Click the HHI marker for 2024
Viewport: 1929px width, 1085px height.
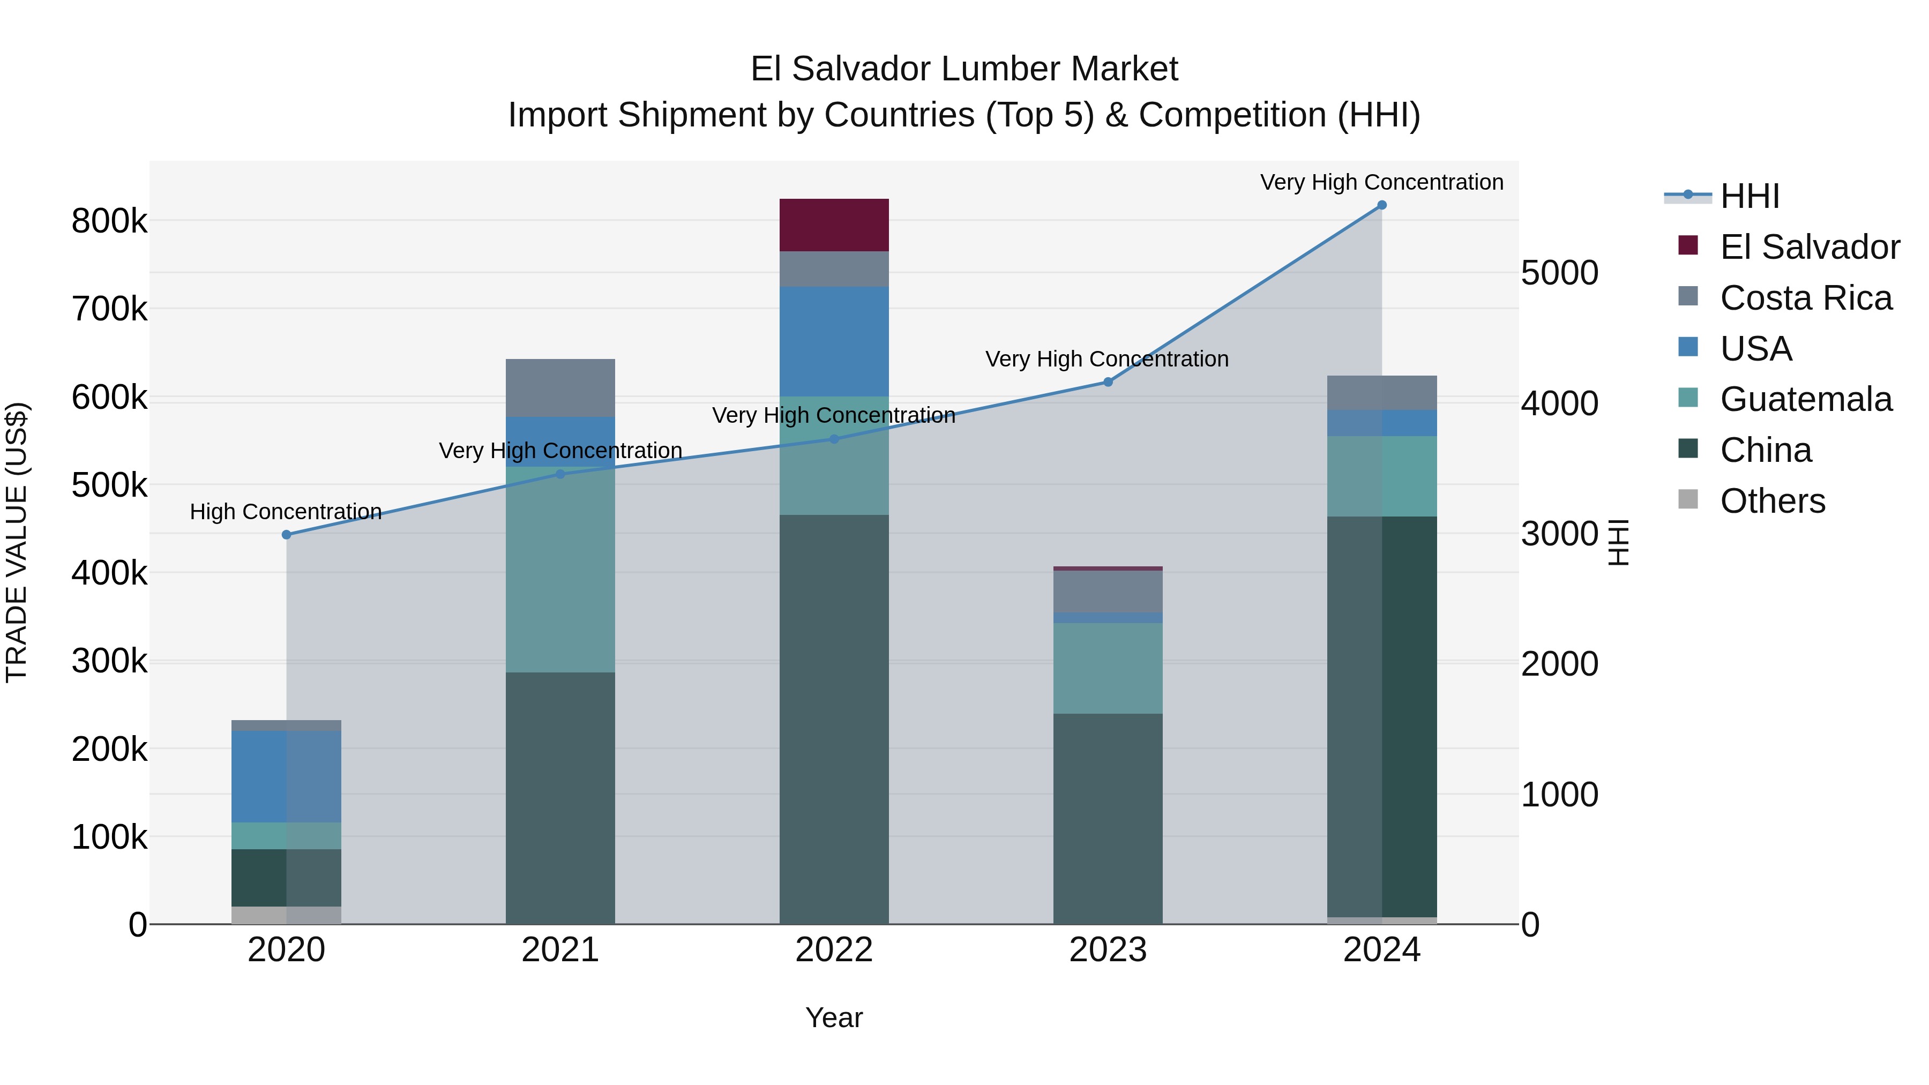(1381, 205)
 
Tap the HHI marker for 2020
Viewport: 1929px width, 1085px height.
(286, 535)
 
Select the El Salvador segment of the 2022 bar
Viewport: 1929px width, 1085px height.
(833, 225)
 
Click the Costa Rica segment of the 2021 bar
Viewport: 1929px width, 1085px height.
(560, 388)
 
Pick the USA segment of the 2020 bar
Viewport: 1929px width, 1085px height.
(286, 776)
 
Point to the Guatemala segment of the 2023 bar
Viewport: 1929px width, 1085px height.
(1108, 668)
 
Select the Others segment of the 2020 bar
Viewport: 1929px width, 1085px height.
(286, 915)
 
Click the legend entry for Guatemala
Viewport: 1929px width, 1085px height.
(1805, 399)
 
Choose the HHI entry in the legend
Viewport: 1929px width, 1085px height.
(1748, 196)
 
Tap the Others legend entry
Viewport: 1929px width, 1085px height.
(1772, 501)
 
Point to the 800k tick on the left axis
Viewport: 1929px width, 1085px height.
(109, 222)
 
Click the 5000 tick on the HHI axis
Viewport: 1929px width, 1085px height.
(1559, 273)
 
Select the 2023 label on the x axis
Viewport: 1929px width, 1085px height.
(1108, 950)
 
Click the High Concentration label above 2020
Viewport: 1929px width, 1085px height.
(286, 512)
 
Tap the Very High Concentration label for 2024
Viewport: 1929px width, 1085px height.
(1381, 182)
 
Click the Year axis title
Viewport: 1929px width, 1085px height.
(833, 1017)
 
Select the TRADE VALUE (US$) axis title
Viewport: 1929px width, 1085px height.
(17, 542)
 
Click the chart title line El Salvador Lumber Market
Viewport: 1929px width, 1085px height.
(964, 69)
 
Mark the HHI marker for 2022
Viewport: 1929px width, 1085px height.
(833, 439)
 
